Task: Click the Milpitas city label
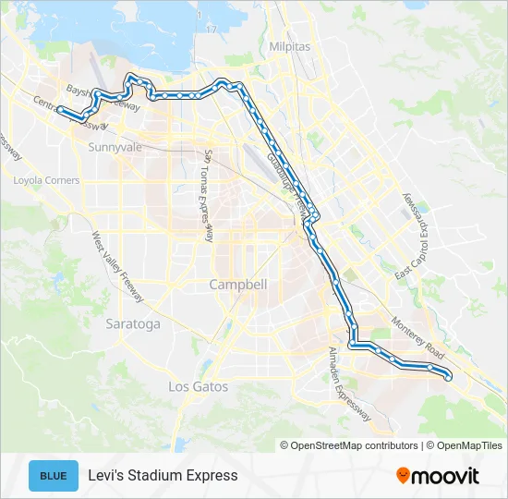[x=289, y=46]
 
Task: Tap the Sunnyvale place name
[x=114, y=147]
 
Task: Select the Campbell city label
[x=238, y=285]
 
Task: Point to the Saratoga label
[x=133, y=324]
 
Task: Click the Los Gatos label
[x=198, y=386]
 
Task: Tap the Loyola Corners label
[x=46, y=180]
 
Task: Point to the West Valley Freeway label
[x=117, y=267]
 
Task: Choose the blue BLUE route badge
[x=54, y=476]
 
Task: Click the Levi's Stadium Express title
[x=163, y=476]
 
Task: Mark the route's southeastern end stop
[x=449, y=376]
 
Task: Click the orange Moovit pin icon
[x=404, y=476]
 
